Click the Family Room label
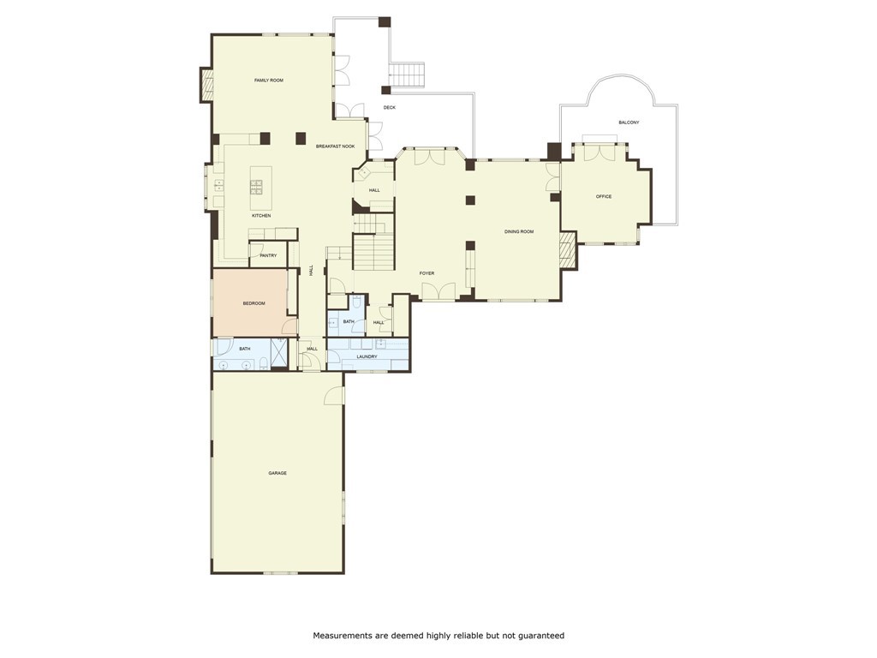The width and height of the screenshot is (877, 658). (268, 81)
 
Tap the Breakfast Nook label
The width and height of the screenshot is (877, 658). (335, 147)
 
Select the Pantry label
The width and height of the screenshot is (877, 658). (268, 255)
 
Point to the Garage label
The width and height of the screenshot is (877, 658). (277, 473)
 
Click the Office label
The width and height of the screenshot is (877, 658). (604, 197)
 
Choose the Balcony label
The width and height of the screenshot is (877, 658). (629, 123)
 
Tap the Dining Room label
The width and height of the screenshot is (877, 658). (519, 231)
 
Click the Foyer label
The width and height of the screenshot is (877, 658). (427, 273)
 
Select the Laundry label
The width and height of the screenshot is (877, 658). (367, 356)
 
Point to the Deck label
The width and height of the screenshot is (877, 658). (390, 107)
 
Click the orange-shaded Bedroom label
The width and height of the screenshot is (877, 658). (254, 304)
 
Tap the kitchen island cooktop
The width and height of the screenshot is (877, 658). (257, 187)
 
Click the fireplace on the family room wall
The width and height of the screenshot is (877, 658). (207, 85)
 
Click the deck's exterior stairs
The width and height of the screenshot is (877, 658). (407, 75)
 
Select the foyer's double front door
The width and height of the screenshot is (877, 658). (439, 291)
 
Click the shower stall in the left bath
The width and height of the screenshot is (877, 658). (278, 352)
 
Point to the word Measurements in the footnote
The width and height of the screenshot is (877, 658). (343, 636)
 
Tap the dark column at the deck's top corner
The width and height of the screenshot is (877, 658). (385, 22)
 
